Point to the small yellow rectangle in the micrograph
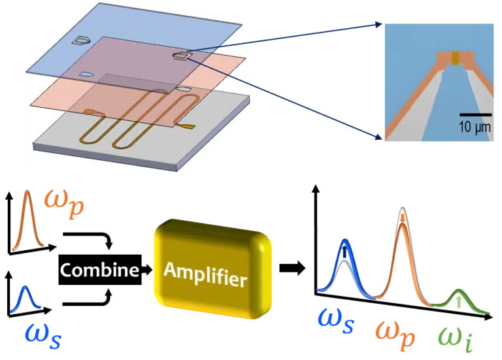point(456,59)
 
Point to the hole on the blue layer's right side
point(180,57)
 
